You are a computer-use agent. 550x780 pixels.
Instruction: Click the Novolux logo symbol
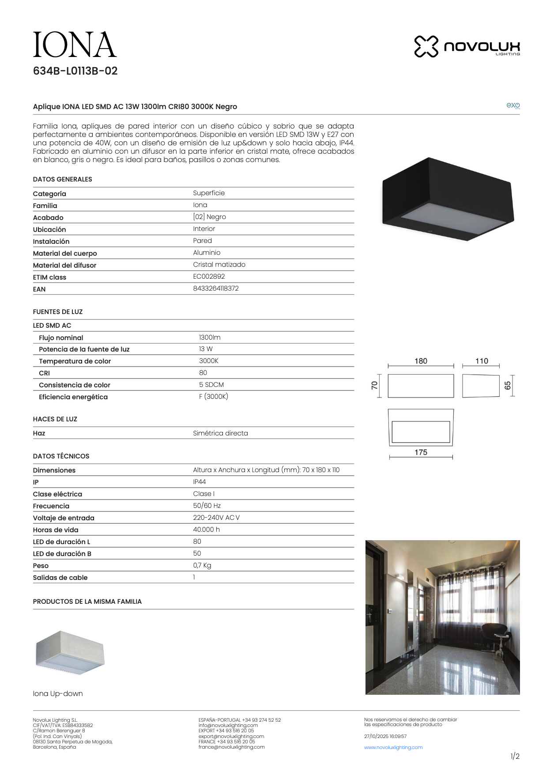426,46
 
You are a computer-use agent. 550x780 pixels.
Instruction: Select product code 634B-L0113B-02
75,71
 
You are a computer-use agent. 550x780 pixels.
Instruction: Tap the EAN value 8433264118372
215,288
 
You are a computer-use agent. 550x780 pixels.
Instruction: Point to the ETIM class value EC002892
209,276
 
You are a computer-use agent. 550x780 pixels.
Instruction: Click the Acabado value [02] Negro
209,217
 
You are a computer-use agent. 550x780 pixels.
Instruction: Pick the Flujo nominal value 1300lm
210,337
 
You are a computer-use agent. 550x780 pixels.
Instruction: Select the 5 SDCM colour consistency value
211,385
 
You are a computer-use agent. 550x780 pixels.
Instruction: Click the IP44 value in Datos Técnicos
199,482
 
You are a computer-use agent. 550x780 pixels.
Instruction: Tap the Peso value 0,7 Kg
202,565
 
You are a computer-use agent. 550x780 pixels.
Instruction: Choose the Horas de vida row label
56,530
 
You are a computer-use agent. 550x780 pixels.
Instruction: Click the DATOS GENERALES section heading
62,179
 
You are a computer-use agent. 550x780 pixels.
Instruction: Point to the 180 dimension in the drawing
421,361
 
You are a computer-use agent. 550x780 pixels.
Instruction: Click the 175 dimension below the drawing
421,452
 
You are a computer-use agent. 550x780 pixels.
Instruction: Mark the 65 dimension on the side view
508,386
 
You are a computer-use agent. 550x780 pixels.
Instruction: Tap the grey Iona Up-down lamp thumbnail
70,653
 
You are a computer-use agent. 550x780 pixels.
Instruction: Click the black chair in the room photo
495,636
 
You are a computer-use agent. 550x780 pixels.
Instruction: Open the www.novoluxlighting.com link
393,748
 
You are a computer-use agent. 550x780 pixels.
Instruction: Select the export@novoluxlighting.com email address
231,736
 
